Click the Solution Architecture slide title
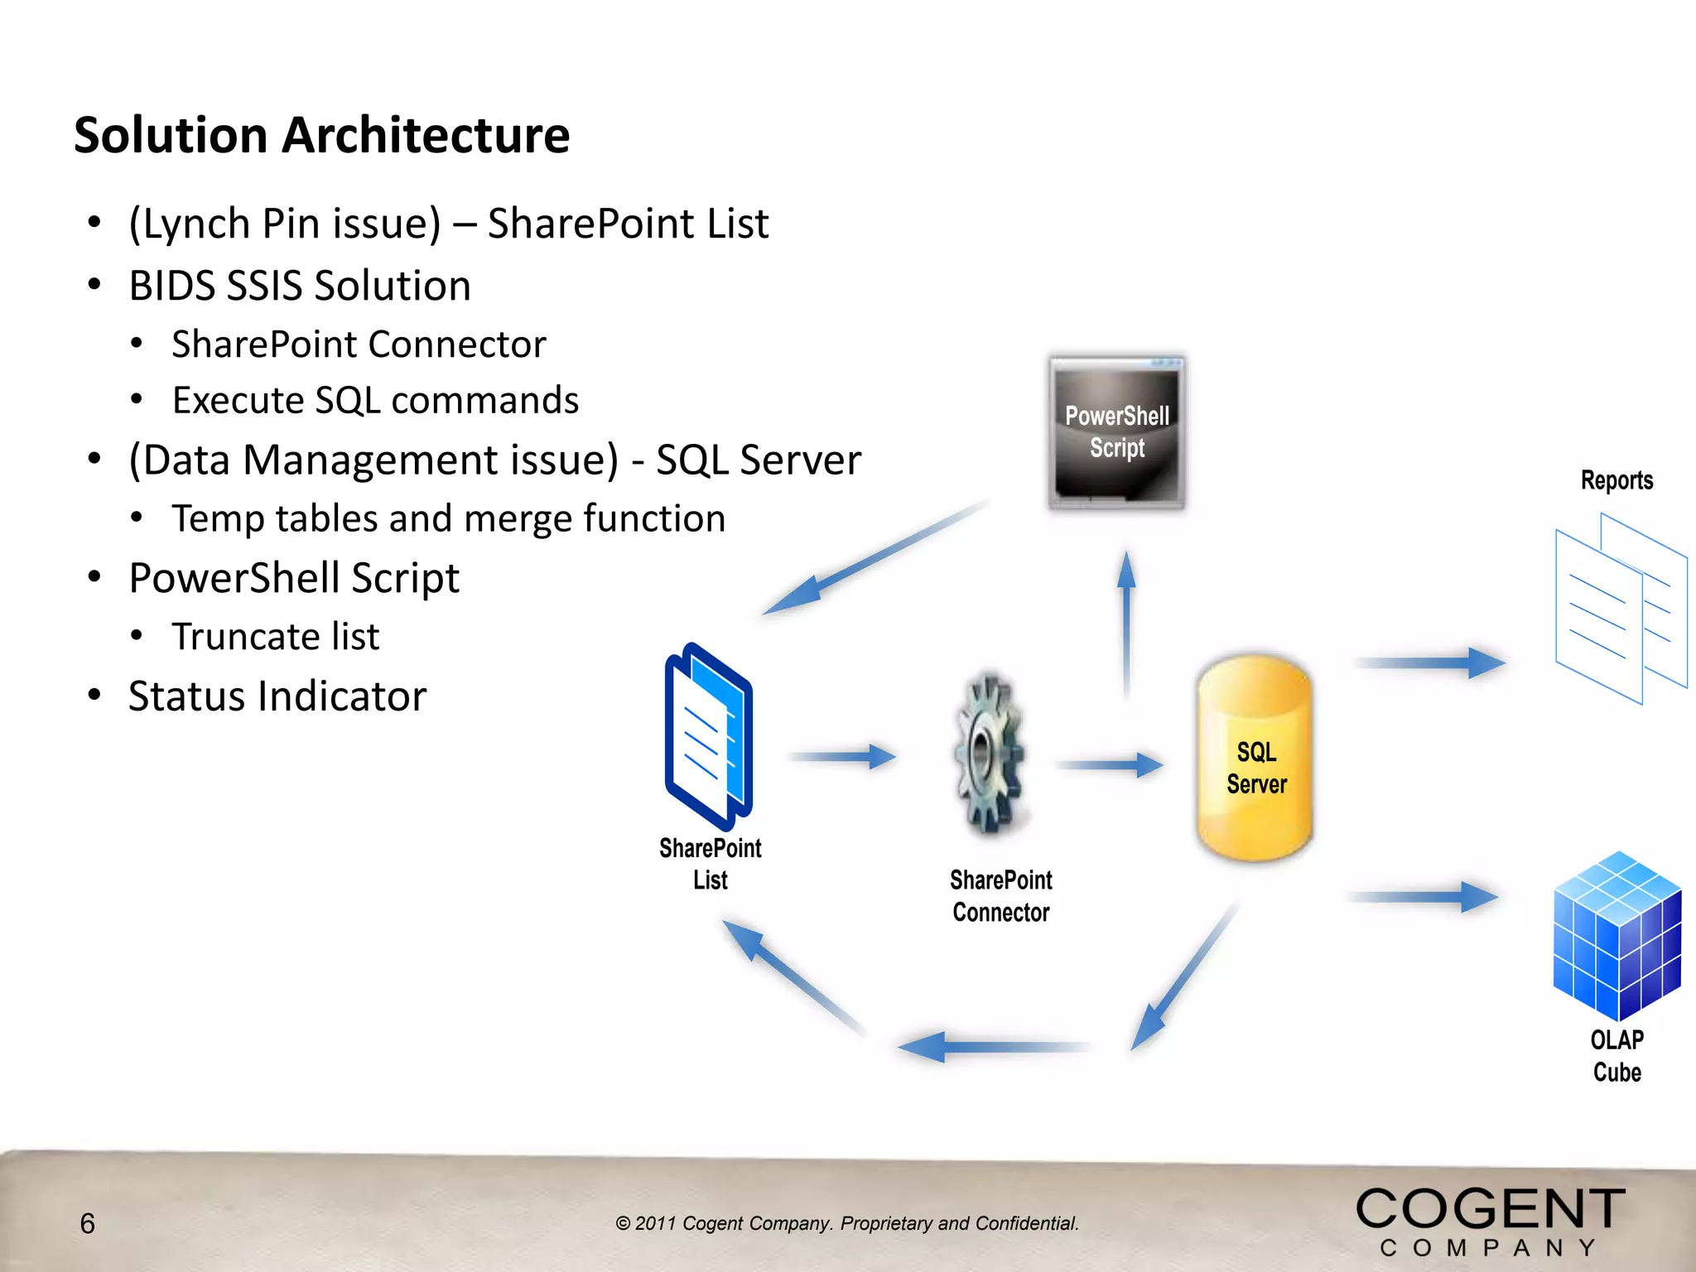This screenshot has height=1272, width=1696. (321, 135)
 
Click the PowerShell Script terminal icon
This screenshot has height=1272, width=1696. (1116, 432)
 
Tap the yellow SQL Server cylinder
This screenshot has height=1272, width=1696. (1255, 758)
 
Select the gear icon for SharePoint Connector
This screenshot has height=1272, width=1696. (990, 754)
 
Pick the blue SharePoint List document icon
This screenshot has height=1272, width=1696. (709, 737)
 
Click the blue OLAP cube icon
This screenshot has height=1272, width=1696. (1616, 936)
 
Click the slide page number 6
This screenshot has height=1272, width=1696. (87, 1223)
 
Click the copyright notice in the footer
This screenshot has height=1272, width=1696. (846, 1223)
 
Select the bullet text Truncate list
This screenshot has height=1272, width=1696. (275, 636)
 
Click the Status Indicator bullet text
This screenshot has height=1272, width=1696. (277, 696)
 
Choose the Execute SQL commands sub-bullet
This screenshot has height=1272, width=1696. (374, 400)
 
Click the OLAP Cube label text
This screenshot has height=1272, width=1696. (1616, 1056)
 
